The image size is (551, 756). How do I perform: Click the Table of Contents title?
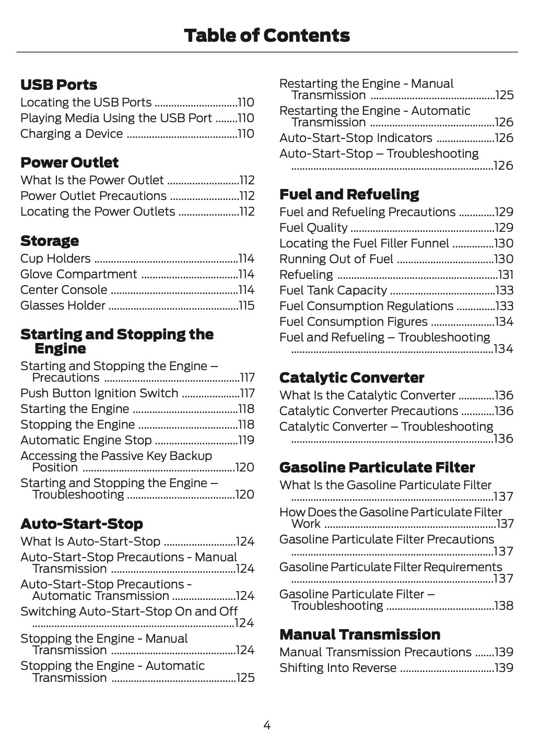267,36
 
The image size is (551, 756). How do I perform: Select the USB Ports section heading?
59,85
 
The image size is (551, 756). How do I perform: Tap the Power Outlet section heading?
69,162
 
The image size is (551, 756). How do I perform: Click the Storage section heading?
50,241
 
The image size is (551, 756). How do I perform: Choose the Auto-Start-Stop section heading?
81,524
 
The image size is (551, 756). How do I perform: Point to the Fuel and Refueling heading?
349,194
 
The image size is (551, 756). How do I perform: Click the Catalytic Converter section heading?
351,377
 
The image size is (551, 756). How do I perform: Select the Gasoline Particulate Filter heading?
377,467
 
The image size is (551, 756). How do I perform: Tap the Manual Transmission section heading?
360,634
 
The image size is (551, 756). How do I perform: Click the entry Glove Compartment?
79,274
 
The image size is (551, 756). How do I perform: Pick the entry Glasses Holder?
63,305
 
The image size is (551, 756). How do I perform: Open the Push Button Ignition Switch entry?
99,393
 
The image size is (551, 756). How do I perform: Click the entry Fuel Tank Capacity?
333,290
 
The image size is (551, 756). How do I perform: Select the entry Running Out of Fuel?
336,259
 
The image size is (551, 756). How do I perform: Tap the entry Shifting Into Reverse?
338,668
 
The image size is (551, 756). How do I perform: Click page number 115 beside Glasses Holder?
247,305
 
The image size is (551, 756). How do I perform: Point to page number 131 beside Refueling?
506,275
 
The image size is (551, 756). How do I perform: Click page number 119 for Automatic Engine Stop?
247,440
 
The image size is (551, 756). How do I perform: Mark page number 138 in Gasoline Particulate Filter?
504,606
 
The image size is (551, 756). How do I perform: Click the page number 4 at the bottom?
267,725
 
